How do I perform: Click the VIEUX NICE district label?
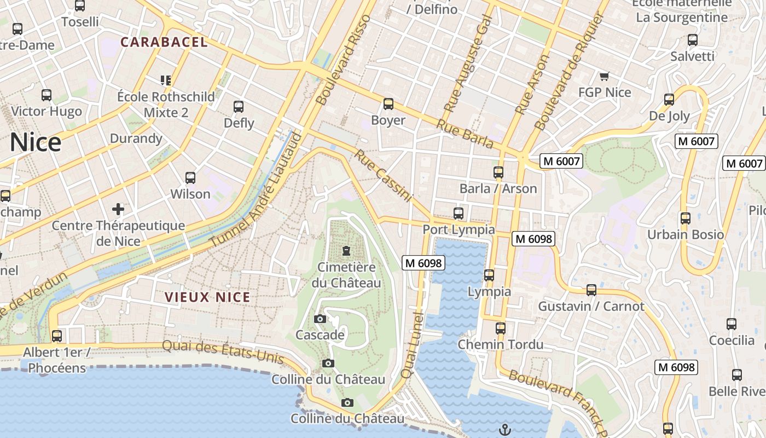pyautogui.click(x=207, y=297)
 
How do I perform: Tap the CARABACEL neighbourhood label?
pyautogui.click(x=164, y=42)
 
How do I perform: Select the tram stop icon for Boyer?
pyautogui.click(x=388, y=104)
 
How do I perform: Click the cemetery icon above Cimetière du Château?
pyautogui.click(x=346, y=251)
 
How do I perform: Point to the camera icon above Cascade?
pyautogui.click(x=320, y=319)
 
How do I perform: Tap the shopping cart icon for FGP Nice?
pyautogui.click(x=604, y=77)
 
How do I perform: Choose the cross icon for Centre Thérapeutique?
pyautogui.click(x=118, y=209)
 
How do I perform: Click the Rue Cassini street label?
pyautogui.click(x=382, y=175)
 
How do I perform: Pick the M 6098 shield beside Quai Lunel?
pyautogui.click(x=423, y=263)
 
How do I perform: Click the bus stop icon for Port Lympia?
pyautogui.click(x=459, y=214)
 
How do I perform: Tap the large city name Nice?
pyautogui.click(x=35, y=142)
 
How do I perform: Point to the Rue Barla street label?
pyautogui.click(x=465, y=134)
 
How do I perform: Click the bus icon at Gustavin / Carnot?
pyautogui.click(x=591, y=290)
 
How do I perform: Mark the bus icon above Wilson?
pyautogui.click(x=190, y=178)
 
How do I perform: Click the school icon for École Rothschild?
pyautogui.click(x=166, y=80)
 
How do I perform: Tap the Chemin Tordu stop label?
pyautogui.click(x=500, y=344)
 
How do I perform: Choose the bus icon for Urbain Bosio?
pyautogui.click(x=685, y=218)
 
